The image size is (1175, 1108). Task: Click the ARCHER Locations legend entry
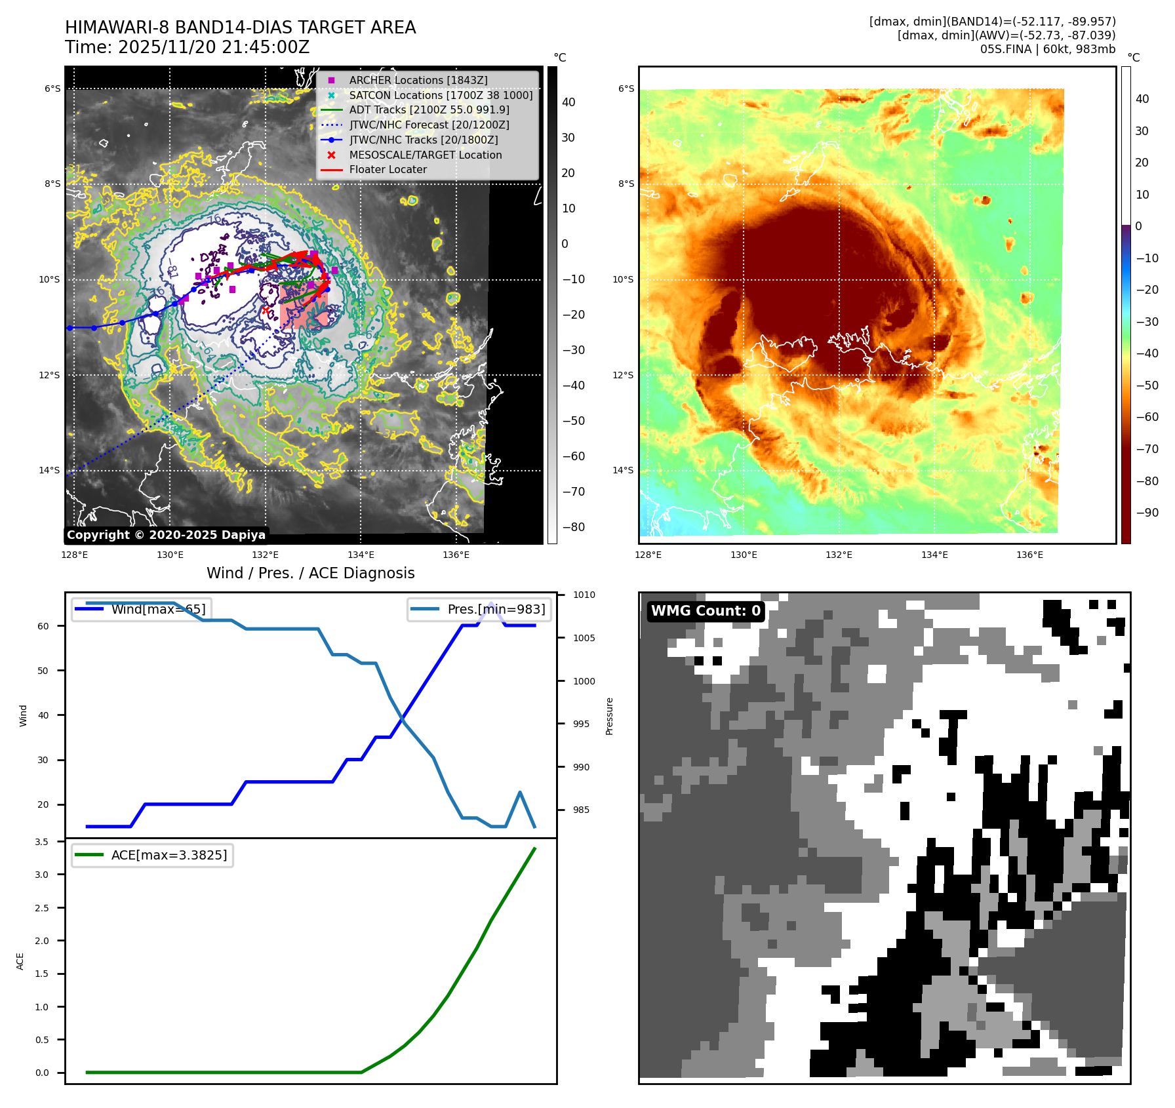[418, 80]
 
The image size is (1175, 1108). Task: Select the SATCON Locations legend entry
[441, 95]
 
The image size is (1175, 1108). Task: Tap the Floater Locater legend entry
[388, 169]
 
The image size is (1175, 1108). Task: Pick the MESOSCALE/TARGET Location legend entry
[425, 155]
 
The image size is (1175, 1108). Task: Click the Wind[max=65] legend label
[158, 609]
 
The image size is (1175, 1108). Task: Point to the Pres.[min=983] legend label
[496, 609]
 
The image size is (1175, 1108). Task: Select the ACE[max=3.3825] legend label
[169, 855]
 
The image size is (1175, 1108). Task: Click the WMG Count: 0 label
[706, 611]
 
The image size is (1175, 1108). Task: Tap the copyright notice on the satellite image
[166, 535]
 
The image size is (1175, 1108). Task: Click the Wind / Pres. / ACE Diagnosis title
[310, 573]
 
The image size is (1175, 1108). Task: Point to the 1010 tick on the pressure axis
[584, 595]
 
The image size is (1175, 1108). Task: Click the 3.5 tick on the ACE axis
[42, 842]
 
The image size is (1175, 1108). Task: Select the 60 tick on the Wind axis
[43, 626]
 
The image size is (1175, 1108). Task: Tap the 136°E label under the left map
[456, 555]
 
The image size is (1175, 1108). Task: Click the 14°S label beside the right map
[623, 470]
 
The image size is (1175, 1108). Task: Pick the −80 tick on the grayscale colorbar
[573, 527]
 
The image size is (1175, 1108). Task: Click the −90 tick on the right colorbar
[1147, 513]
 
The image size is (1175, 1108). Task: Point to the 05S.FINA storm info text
[1047, 49]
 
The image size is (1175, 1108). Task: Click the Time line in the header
[187, 47]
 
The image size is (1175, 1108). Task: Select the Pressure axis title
[609, 716]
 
